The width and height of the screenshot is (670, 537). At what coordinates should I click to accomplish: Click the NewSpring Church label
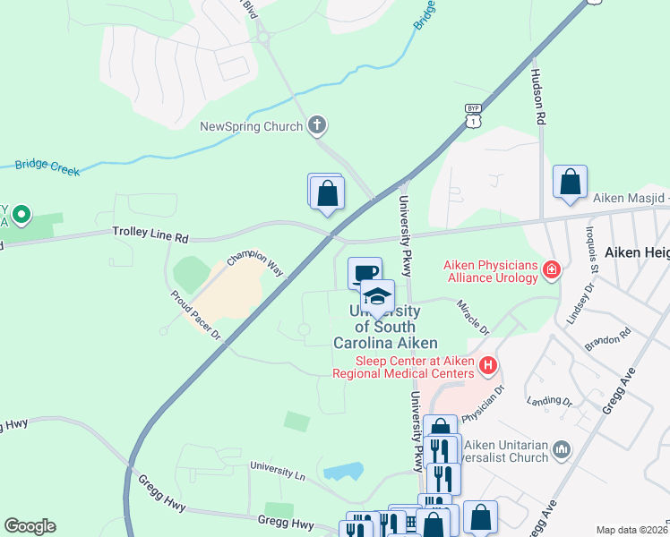[x=251, y=127]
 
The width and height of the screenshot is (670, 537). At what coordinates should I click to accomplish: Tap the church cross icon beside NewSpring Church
[x=316, y=126]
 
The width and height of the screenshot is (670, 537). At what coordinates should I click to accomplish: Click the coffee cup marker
[x=364, y=272]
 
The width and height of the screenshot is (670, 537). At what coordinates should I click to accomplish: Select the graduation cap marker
[x=377, y=295]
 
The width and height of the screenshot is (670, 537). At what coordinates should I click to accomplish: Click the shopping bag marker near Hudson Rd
[x=570, y=183]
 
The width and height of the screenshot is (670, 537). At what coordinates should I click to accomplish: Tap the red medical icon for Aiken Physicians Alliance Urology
[x=552, y=268]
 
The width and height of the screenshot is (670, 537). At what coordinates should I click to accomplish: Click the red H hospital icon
[x=488, y=365]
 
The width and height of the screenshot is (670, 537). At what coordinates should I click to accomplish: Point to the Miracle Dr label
[x=474, y=318]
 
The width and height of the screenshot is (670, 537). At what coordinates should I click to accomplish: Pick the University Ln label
[x=279, y=466]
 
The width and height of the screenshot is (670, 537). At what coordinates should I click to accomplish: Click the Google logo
[x=30, y=526]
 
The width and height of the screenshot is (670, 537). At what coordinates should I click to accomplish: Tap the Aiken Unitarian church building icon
[x=562, y=448]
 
